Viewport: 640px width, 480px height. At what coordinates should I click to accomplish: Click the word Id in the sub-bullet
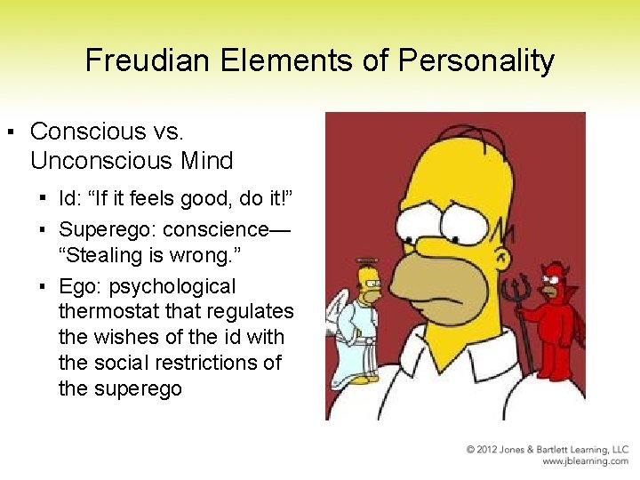tap(68, 199)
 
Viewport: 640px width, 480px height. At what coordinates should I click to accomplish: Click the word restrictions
tap(229, 363)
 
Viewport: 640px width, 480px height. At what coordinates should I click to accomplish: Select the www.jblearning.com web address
tap(585, 461)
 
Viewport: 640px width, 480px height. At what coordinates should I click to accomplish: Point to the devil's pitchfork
tap(518, 307)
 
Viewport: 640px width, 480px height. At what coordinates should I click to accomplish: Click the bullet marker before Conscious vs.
tap(10, 132)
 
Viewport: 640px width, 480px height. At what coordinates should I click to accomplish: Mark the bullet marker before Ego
tap(42, 287)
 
